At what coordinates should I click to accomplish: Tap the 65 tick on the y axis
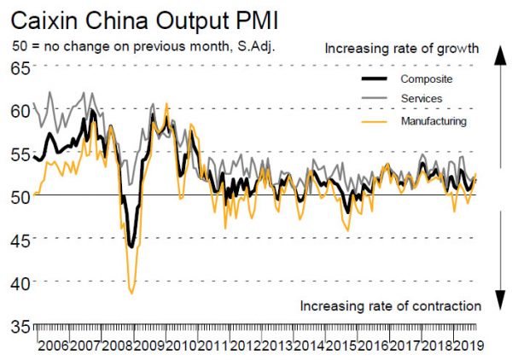coord(20,67)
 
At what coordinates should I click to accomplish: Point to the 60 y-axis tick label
coord(20,110)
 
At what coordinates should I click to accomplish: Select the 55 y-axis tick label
coord(20,154)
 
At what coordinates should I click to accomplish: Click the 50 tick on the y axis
coord(20,196)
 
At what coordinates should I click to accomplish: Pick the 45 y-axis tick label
coord(20,239)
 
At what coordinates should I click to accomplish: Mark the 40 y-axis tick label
coord(20,282)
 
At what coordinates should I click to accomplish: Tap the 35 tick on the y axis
coord(20,325)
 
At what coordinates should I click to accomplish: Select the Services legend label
coord(422,100)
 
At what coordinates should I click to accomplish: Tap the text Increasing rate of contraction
coord(392,305)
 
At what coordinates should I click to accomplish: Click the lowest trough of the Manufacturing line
coord(132,293)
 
